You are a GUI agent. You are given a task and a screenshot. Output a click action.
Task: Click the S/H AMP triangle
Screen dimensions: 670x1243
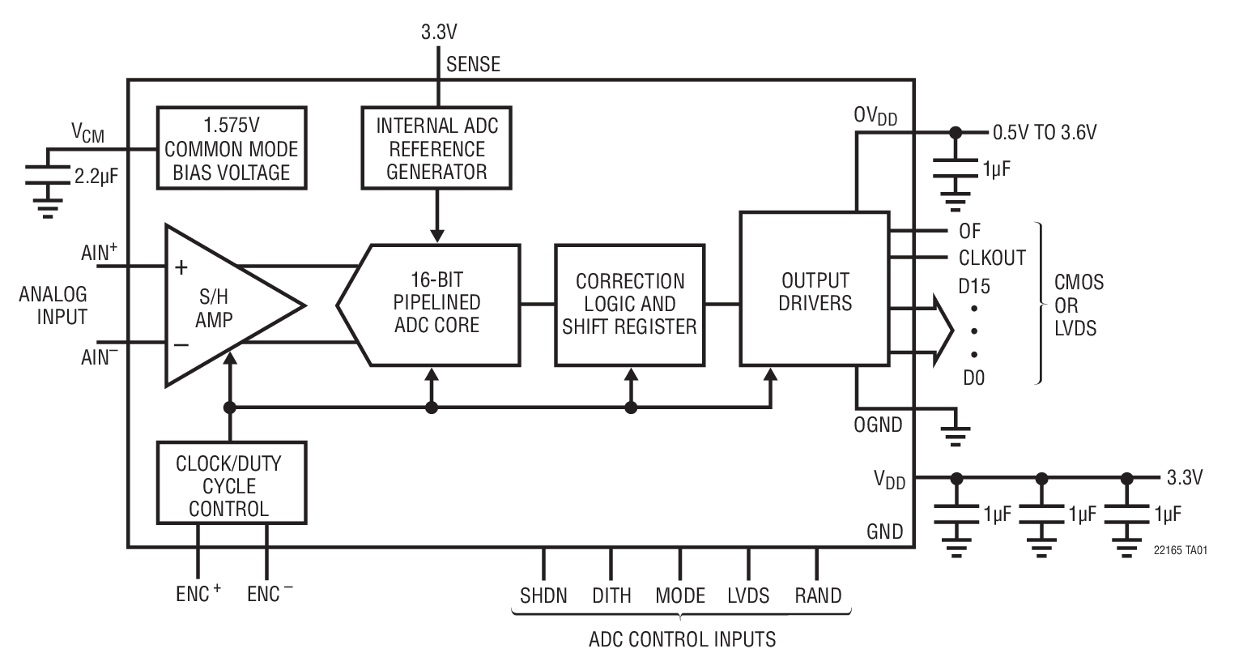click(219, 306)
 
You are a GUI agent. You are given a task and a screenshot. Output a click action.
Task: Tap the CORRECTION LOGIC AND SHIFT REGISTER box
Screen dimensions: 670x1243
click(629, 304)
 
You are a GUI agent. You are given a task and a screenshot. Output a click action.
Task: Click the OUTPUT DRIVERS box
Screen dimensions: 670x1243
click(814, 292)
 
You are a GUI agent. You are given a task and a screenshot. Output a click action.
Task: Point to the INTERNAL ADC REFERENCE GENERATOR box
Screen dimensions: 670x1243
click(436, 148)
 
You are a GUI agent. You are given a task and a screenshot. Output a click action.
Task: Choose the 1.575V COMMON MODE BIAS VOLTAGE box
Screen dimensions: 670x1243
click(231, 148)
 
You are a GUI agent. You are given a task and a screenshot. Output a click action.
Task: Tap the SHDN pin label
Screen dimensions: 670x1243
click(543, 595)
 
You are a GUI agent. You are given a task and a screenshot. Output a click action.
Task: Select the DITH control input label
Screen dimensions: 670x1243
click(611, 595)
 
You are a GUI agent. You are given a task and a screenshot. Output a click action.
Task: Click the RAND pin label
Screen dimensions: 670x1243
click(818, 595)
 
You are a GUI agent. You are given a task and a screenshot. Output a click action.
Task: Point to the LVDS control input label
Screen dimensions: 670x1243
click(748, 595)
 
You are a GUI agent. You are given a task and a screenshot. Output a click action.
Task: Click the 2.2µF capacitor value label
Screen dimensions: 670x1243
click(96, 176)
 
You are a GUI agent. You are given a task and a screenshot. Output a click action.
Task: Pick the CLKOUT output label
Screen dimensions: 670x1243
click(992, 258)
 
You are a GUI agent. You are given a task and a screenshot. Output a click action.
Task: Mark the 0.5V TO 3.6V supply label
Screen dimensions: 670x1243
click(1045, 132)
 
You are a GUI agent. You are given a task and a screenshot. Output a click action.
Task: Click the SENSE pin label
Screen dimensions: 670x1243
click(473, 64)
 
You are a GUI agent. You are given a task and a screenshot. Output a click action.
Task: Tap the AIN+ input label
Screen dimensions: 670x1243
click(100, 253)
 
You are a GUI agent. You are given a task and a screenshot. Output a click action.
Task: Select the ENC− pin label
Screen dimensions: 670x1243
click(270, 594)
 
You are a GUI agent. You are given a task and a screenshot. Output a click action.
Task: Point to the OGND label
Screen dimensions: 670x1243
click(878, 425)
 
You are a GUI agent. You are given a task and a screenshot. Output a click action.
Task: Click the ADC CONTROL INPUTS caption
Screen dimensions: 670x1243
click(682, 639)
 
